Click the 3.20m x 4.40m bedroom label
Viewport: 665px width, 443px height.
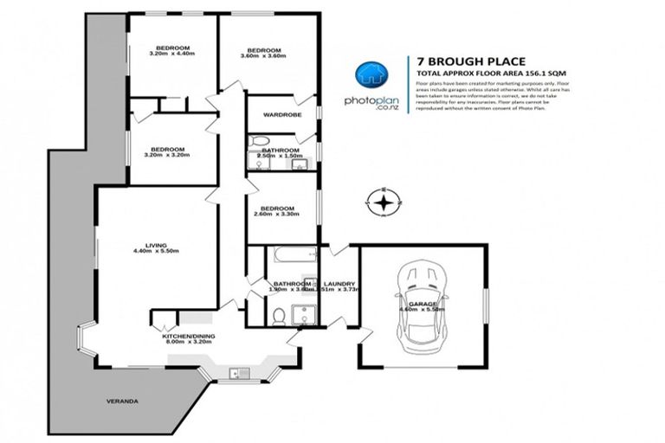(x=173, y=52)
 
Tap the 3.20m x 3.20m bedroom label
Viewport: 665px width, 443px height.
(x=169, y=151)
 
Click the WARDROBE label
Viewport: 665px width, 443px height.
(x=281, y=114)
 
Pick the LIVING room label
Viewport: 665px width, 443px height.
(x=156, y=247)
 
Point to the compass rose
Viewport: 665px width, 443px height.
(x=383, y=203)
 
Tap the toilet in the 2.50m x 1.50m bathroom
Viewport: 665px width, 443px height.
(x=255, y=142)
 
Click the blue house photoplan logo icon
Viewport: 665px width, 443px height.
(x=371, y=74)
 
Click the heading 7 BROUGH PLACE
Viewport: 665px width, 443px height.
(x=459, y=61)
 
